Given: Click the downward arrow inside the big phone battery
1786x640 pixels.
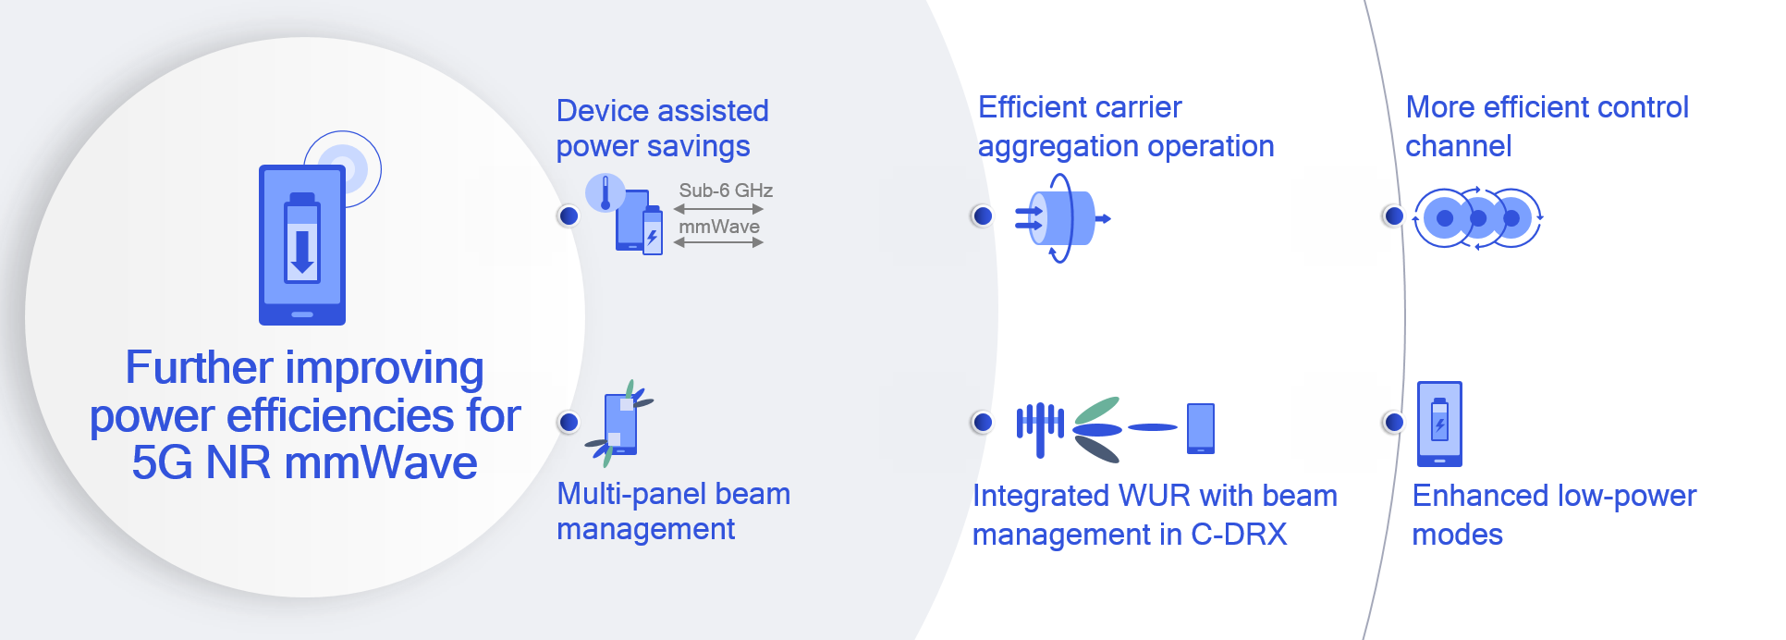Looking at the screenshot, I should coord(302,252).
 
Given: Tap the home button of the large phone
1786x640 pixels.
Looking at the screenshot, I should coord(302,314).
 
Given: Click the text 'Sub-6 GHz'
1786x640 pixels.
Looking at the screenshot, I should coord(726,191).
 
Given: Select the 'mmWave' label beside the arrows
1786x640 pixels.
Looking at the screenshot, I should coord(719,227).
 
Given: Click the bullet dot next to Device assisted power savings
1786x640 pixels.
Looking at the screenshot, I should coord(569,215).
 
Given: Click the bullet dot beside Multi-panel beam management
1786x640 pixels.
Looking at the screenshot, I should coord(569,422).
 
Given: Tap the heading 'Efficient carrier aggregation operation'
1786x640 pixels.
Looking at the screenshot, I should coord(1125,127).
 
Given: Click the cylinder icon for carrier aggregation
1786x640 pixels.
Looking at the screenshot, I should coord(1063,218).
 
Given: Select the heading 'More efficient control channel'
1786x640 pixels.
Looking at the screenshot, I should coord(1547,127).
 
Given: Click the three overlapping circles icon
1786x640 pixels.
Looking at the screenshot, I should coord(1477,218).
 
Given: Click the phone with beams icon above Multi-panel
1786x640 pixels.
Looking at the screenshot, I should coord(620,424).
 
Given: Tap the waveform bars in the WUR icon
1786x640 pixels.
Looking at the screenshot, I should coord(1040,426).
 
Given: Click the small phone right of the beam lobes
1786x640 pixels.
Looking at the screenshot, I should coord(1200,428).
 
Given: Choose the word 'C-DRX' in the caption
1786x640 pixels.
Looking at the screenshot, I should coord(1239,535).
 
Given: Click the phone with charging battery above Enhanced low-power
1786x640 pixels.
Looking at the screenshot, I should coord(1439,424).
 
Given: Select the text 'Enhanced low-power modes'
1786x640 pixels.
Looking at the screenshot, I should coord(1553,515).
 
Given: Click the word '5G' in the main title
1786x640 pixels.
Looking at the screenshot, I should coord(162,462).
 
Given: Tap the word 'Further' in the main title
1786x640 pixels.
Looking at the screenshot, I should coord(198,368).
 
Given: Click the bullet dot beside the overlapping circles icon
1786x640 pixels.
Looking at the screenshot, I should coord(1393,215).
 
